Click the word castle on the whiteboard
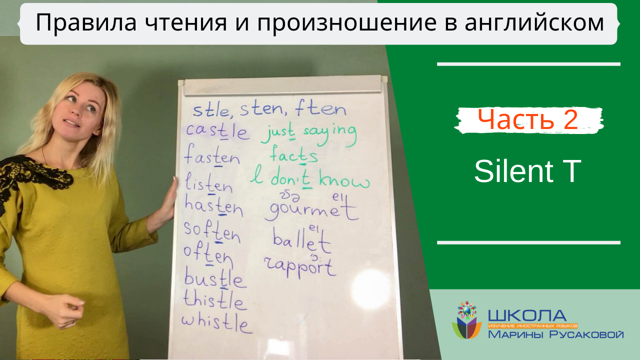pyautogui.click(x=217, y=131)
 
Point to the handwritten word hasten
pyautogui.click(x=213, y=206)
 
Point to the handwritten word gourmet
pyautogui.click(x=311, y=210)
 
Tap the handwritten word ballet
pyautogui.click(x=301, y=241)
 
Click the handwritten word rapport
pyautogui.click(x=299, y=267)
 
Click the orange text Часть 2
pyautogui.click(x=528, y=120)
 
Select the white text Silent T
pyautogui.click(x=528, y=171)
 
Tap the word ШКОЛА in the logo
pyautogui.click(x=527, y=315)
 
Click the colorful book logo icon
pyautogui.click(x=467, y=320)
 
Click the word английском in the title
pyautogui.click(x=525, y=23)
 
